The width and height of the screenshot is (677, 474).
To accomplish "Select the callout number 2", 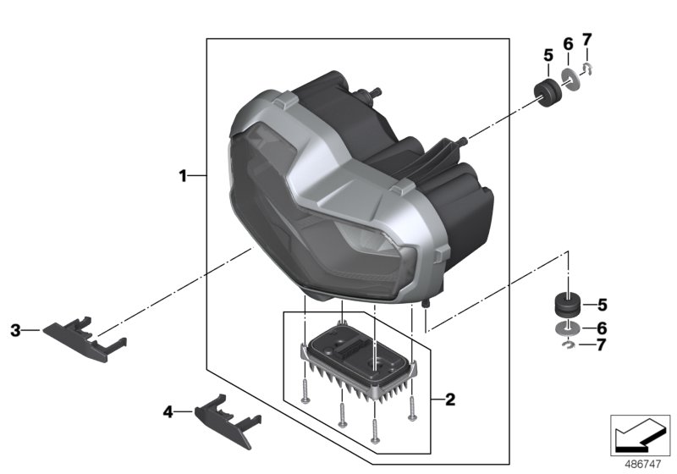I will (x=450, y=398).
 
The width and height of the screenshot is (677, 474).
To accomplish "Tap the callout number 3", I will (x=14, y=330).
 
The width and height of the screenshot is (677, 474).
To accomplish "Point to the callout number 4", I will (x=168, y=411).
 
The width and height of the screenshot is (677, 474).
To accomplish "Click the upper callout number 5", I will (x=548, y=56).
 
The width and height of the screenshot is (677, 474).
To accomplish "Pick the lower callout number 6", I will (x=603, y=328).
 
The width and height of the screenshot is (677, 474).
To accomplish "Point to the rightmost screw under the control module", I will (x=411, y=406).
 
